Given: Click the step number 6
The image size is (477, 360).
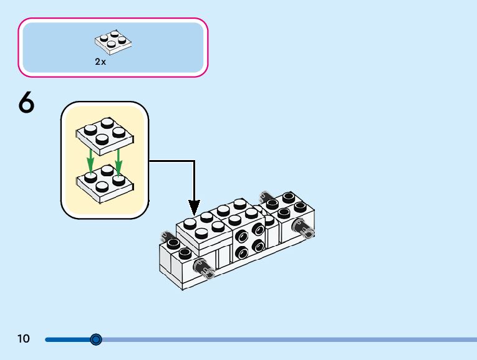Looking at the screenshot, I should coord(26,103).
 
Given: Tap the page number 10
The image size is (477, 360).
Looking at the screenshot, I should coord(24,339).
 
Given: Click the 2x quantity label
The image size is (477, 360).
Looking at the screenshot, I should coord(100,62).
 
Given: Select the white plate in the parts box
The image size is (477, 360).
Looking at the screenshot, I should coord(113,40).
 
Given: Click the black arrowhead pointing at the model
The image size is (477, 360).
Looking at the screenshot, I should coord(194,206).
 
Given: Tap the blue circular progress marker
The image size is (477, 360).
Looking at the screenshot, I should coord(95,339).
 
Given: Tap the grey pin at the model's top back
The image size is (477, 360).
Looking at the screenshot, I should coord(266,195).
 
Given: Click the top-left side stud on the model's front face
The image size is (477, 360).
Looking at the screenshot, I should coord(241,236).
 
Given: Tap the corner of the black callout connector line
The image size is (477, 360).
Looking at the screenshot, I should coord(194,161).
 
